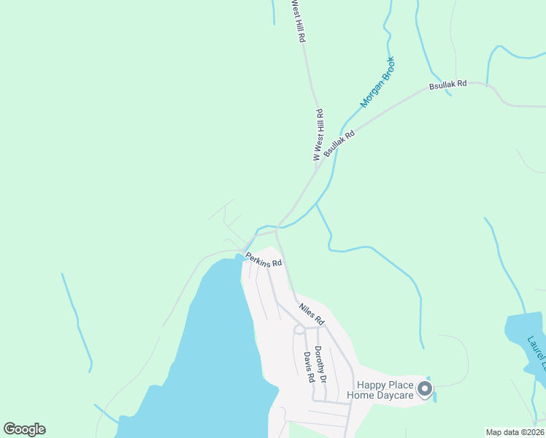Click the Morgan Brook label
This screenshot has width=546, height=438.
point(377,82)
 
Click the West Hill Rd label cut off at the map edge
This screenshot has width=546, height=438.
point(298,20)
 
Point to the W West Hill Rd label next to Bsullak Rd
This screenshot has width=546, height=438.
point(318,135)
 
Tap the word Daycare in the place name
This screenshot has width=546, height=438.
point(395,396)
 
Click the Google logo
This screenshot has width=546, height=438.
point(24,429)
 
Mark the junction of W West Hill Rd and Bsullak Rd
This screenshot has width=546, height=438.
point(315,172)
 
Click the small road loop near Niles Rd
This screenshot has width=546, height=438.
point(299,329)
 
